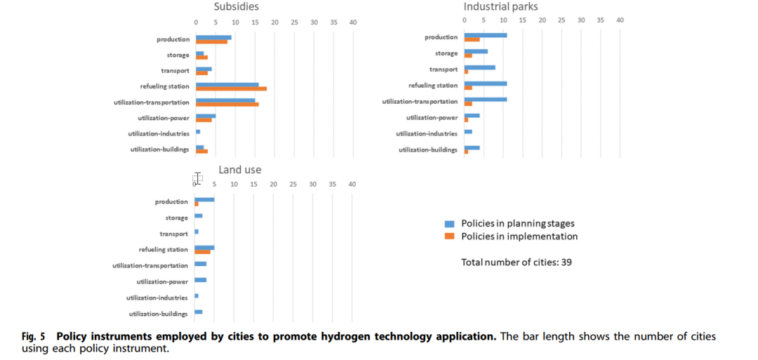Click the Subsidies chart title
click(237, 7)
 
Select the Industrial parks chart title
click(500, 7)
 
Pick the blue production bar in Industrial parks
click(485, 35)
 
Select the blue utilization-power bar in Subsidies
click(206, 115)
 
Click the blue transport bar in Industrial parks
click(479, 67)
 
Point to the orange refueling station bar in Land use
click(202, 251)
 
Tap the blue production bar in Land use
click(204, 199)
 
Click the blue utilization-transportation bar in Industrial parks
click(485, 99)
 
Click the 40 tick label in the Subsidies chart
click(353, 22)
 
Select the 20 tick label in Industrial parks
click(542, 20)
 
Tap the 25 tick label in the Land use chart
click(293, 185)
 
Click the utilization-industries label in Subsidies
click(159, 133)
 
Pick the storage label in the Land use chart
click(176, 218)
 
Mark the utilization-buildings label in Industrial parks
click(428, 150)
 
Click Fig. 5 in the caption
click(34, 337)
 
